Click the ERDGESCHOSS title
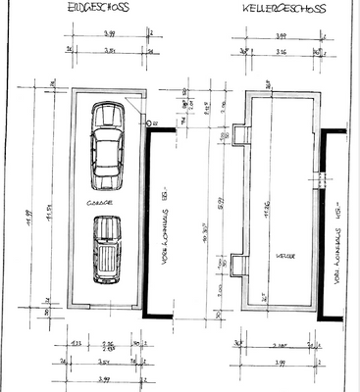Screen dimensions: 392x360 [x=95, y=7]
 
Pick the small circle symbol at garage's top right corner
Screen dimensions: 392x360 [x=153, y=123]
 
